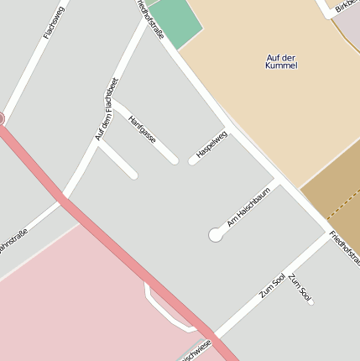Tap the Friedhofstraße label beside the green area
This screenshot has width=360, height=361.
[150, 18]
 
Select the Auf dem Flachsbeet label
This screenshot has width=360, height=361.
[107, 108]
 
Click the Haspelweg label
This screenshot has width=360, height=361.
[211, 144]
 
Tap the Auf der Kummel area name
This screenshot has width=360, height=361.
[281, 61]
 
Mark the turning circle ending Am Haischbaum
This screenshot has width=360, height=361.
[216, 236]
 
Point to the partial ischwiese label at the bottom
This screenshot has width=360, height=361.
[195, 353]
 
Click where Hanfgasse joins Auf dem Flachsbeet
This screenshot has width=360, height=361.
[115, 104]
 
